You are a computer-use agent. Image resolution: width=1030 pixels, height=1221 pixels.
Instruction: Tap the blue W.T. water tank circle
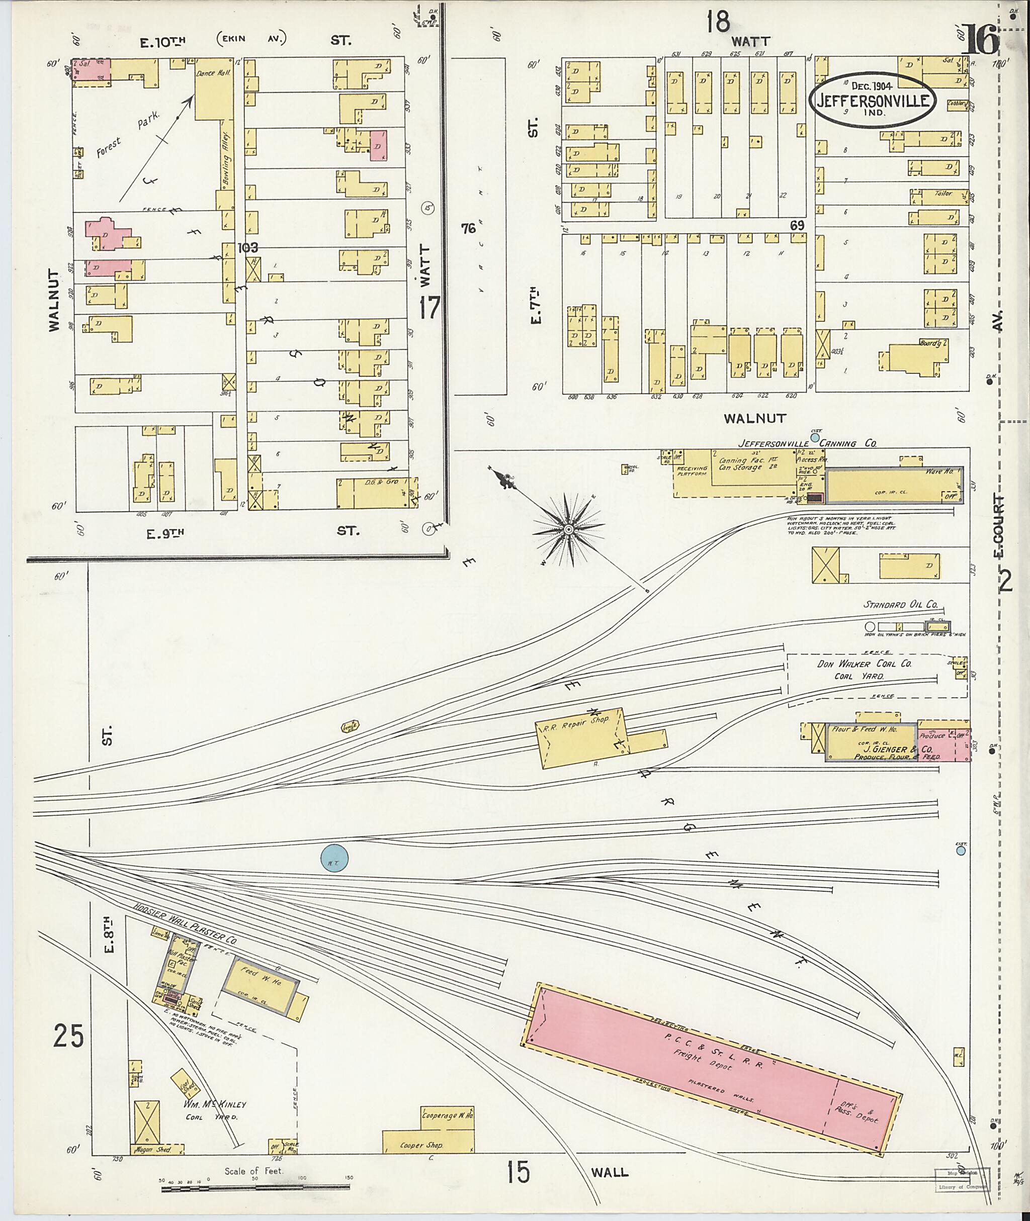coord(334,859)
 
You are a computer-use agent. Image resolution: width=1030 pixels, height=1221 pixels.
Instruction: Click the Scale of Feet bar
coord(256,1186)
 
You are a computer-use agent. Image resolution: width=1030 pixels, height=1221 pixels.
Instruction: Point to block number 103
coord(247,248)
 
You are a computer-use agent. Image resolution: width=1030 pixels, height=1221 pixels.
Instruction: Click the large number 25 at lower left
coord(68,1037)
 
